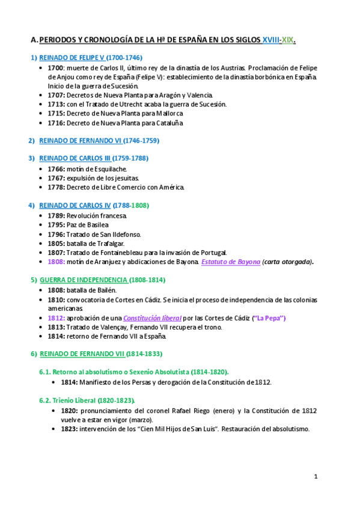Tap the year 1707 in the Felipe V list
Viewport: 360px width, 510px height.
click(x=57, y=95)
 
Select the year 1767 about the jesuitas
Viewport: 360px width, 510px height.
click(x=57, y=178)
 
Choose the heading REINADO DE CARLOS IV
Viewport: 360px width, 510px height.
click(x=74, y=206)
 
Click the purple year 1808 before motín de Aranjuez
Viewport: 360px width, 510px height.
click(x=57, y=262)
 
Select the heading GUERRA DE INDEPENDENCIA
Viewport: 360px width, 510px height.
click(x=84, y=280)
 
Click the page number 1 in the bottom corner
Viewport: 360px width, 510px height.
click(x=316, y=476)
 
